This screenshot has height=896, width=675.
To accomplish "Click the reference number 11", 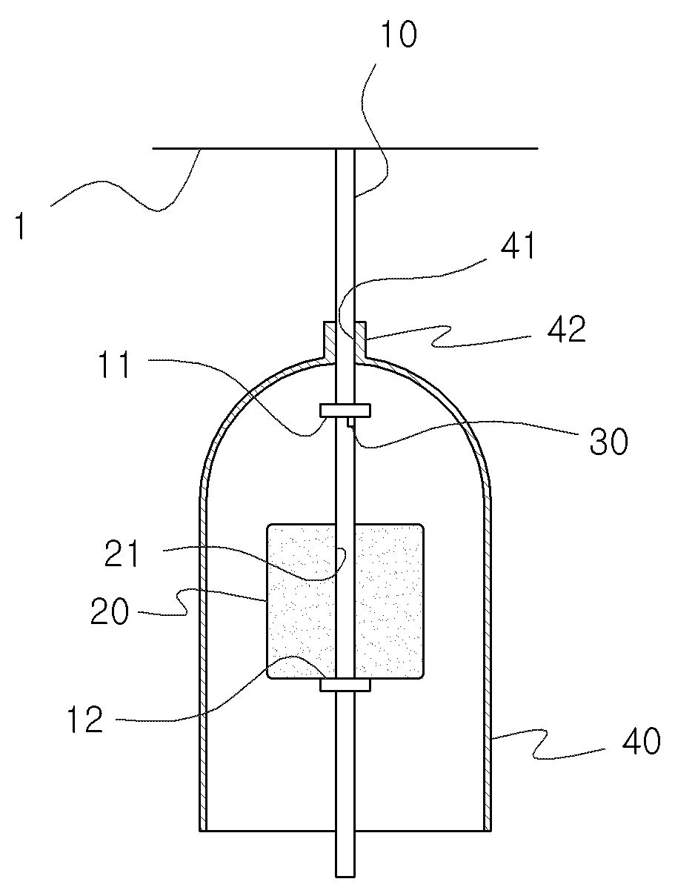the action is tap(114, 364).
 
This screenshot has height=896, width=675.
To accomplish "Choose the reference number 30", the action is tap(608, 441).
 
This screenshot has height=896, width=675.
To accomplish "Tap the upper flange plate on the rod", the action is tap(345, 411).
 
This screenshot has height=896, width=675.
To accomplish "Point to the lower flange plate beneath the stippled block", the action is tap(345, 685).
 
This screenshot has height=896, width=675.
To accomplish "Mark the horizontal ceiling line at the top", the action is tap(345, 148).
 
